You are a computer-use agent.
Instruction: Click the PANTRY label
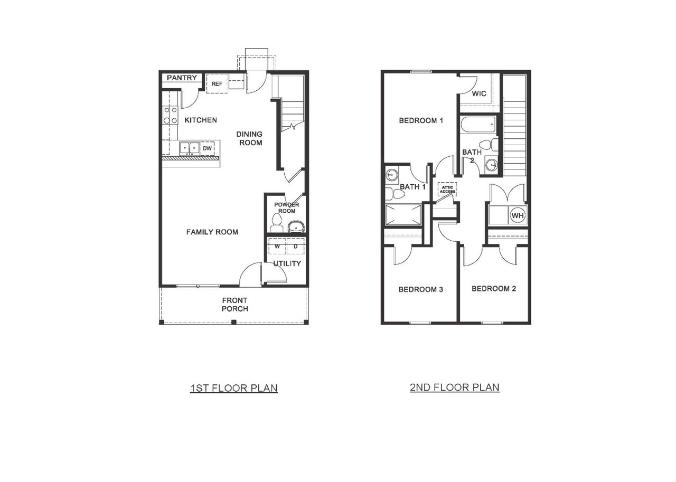tap(182, 78)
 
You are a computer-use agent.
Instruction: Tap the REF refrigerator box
tap(217, 83)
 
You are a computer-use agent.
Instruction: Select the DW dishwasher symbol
tap(208, 148)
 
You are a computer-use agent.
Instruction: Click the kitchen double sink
tap(189, 148)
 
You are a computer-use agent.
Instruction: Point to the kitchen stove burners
tap(170, 115)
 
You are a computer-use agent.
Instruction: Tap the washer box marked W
tap(277, 247)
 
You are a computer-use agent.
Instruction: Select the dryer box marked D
tap(295, 247)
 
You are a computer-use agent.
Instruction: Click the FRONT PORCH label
tap(234, 305)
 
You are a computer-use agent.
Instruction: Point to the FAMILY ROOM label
tap(212, 232)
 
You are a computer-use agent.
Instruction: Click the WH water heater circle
tap(517, 215)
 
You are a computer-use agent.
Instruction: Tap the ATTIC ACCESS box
tap(447, 188)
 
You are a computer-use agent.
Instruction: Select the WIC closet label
tap(479, 94)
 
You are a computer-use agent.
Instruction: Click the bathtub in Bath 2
tap(477, 126)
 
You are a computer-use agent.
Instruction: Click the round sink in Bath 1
tap(392, 174)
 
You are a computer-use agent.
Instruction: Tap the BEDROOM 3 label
tap(420, 289)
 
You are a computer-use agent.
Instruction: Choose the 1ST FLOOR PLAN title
tap(234, 389)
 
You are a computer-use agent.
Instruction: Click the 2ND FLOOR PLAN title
tap(454, 388)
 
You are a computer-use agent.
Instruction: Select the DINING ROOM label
tap(249, 138)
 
